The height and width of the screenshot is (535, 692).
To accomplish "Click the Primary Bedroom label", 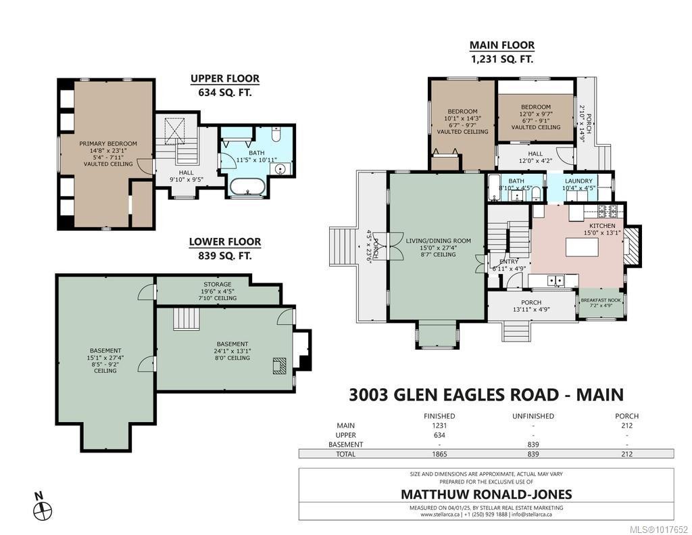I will (x=107, y=143).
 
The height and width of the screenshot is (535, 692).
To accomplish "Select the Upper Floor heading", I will (x=224, y=78).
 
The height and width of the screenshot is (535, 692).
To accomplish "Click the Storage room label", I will (x=217, y=285).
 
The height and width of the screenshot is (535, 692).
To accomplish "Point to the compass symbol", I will (x=43, y=510).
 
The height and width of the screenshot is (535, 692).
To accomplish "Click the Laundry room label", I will (x=578, y=181).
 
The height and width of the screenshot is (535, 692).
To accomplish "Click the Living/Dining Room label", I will (x=437, y=241).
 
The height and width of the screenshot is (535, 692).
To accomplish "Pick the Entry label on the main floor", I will (x=508, y=261).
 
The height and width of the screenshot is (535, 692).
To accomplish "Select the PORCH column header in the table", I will (x=626, y=416).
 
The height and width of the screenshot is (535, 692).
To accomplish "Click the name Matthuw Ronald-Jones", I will (x=486, y=494).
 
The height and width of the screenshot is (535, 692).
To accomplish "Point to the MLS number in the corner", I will (x=658, y=529).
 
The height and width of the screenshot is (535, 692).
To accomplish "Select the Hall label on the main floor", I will (x=535, y=154).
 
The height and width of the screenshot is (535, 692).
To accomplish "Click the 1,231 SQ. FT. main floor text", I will (x=501, y=59).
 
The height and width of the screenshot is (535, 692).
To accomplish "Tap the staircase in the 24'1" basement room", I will (x=185, y=319).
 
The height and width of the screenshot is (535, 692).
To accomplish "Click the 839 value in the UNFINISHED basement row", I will (x=533, y=444).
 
